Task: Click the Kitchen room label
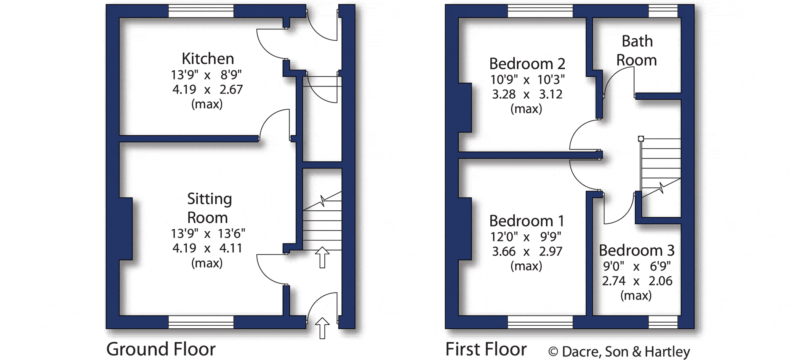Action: [208, 59]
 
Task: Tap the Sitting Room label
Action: [209, 208]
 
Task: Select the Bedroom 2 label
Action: [527, 64]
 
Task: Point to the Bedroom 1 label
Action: [526, 221]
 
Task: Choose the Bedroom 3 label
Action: [636, 250]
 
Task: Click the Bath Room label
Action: [637, 51]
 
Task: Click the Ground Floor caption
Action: [161, 349]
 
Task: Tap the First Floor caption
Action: [486, 349]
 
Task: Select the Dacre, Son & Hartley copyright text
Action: [619, 352]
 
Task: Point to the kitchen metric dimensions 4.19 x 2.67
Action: [207, 90]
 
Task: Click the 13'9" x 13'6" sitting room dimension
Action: [208, 233]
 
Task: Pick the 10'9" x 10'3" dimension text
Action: [527, 80]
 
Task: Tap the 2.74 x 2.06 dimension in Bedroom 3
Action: [637, 281]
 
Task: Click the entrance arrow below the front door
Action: [322, 328]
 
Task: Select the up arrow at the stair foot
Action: [322, 257]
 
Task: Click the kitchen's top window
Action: [201, 11]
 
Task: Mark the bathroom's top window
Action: [663, 11]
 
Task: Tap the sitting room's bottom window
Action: [201, 322]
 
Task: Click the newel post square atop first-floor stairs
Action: [641, 139]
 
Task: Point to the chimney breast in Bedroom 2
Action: [465, 107]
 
